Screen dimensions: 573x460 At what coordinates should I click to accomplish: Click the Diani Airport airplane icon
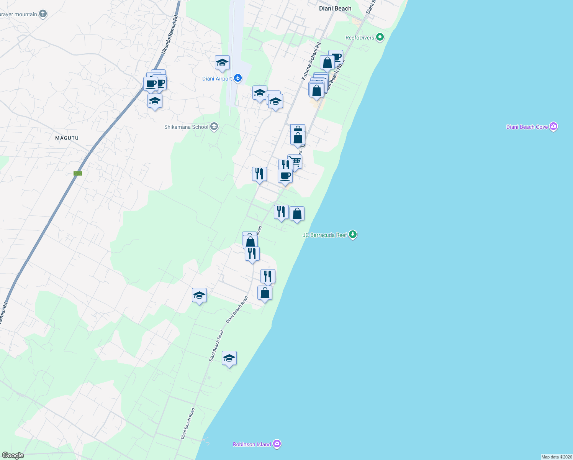238,78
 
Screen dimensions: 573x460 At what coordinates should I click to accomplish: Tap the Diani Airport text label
217,79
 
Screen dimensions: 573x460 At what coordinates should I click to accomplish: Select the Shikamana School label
186,127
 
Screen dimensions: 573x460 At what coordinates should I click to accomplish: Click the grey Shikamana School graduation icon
214,127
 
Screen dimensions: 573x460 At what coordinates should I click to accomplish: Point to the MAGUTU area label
67,138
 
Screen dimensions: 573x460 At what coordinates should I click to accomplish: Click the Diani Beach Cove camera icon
553,127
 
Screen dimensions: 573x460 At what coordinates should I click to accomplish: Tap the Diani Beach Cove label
527,127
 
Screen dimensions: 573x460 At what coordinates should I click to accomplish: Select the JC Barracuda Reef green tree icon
353,235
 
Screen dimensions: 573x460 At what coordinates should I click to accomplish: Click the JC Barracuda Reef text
325,235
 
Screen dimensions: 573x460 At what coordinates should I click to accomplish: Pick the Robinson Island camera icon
277,444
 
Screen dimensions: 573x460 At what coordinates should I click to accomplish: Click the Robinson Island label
252,444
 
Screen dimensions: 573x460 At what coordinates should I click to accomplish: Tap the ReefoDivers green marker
380,37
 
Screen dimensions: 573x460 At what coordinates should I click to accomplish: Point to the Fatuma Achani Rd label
311,61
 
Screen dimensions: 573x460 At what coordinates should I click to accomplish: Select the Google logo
13,455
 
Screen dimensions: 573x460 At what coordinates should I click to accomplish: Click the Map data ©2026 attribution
556,457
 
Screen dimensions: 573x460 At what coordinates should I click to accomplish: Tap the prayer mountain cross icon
43,14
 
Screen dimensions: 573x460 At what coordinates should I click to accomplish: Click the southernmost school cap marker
229,358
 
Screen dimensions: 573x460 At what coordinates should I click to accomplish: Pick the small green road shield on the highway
78,173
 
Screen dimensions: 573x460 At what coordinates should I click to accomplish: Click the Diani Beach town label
335,8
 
